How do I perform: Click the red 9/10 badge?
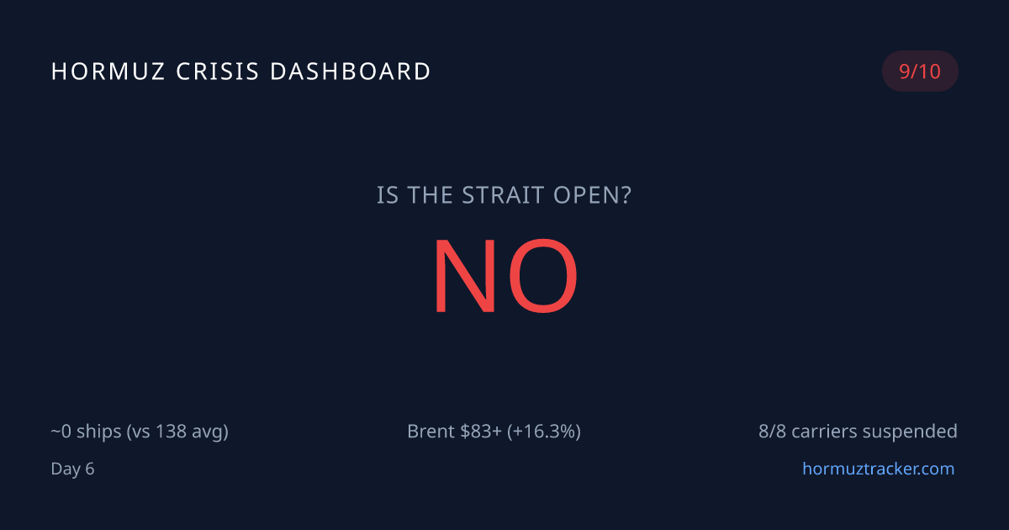coord(920,72)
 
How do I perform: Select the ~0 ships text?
coord(85,432)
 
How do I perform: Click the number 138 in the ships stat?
coord(172,432)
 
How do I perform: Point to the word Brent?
coord(431,432)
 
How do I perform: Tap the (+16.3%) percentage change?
coord(544,432)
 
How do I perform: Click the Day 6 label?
coord(72,469)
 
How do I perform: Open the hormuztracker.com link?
coord(878,469)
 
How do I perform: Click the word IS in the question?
coord(388,196)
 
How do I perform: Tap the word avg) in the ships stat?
coord(209,432)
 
